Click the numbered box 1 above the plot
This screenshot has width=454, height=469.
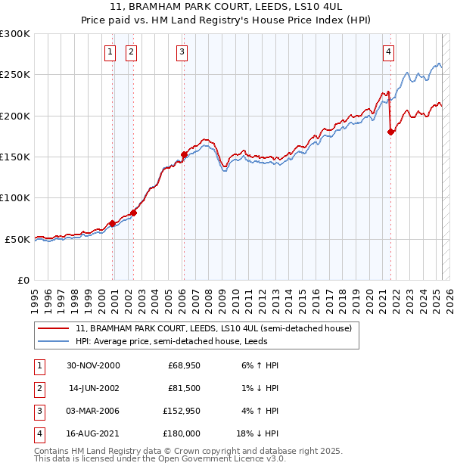point(110,52)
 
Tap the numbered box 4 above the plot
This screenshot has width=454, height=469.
point(388,52)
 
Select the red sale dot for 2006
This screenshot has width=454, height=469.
point(184,154)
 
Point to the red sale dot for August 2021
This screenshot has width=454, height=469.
point(391,132)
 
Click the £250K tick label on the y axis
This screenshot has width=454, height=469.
point(15,75)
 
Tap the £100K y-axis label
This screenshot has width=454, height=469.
point(15,197)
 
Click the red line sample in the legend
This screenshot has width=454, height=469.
point(53,329)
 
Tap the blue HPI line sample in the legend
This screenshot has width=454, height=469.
point(53,341)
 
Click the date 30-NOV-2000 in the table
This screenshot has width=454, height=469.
point(93,365)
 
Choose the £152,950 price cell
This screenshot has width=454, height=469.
point(181,412)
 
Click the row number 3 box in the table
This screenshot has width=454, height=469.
point(38,412)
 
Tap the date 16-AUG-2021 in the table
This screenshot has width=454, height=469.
point(93,434)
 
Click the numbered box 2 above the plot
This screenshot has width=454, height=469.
point(132,52)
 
